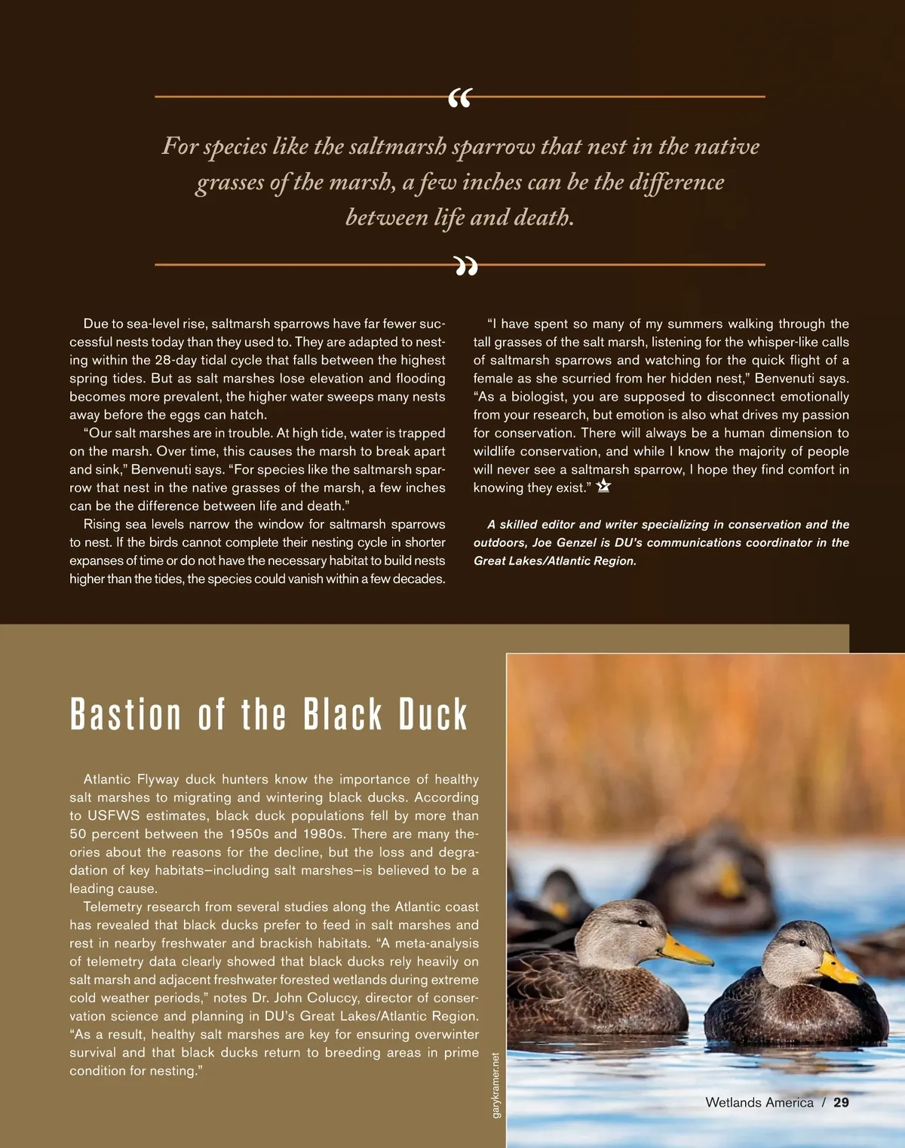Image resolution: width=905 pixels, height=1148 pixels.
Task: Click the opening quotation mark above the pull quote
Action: coord(459,98)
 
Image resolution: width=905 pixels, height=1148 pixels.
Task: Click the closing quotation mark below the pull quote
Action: coord(466,266)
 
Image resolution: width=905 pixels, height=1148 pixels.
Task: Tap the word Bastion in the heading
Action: coord(126,715)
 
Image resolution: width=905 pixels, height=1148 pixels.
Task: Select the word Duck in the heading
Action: coord(433,715)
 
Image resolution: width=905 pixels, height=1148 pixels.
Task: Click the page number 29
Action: coord(841,1102)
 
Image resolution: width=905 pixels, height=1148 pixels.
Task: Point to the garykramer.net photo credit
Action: coord(495,1085)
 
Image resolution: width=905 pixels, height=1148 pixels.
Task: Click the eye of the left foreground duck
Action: coord(642,923)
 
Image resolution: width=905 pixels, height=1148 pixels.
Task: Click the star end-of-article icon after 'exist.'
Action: coord(603,487)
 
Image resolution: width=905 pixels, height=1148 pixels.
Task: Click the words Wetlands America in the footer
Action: coord(759,1102)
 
